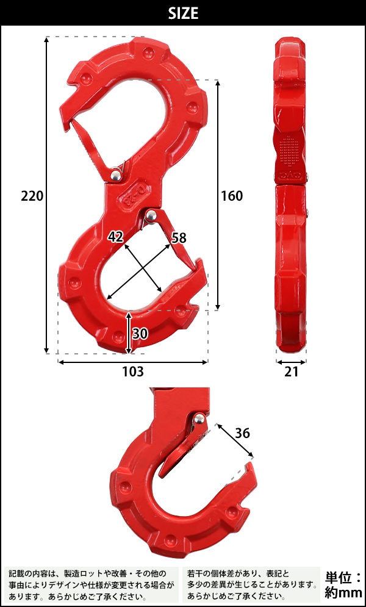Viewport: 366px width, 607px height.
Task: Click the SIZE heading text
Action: pos(182,13)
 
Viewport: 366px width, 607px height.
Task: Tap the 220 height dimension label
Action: pos(32,196)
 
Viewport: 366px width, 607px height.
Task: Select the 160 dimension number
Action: pos(231,196)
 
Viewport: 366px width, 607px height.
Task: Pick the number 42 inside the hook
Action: pos(116,237)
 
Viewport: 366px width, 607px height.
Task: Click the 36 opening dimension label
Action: pos(242,434)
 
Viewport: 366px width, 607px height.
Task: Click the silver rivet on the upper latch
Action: pos(114,176)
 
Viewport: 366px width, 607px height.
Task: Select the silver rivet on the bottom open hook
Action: pos(199,418)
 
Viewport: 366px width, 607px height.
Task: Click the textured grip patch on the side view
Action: pos(291,149)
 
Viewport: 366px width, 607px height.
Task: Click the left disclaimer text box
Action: pos(91,584)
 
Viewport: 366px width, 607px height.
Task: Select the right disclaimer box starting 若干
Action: pos(251,584)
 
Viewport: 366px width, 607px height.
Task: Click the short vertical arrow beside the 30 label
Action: pos(128,332)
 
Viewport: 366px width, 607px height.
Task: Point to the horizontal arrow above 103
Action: pos(132,362)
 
